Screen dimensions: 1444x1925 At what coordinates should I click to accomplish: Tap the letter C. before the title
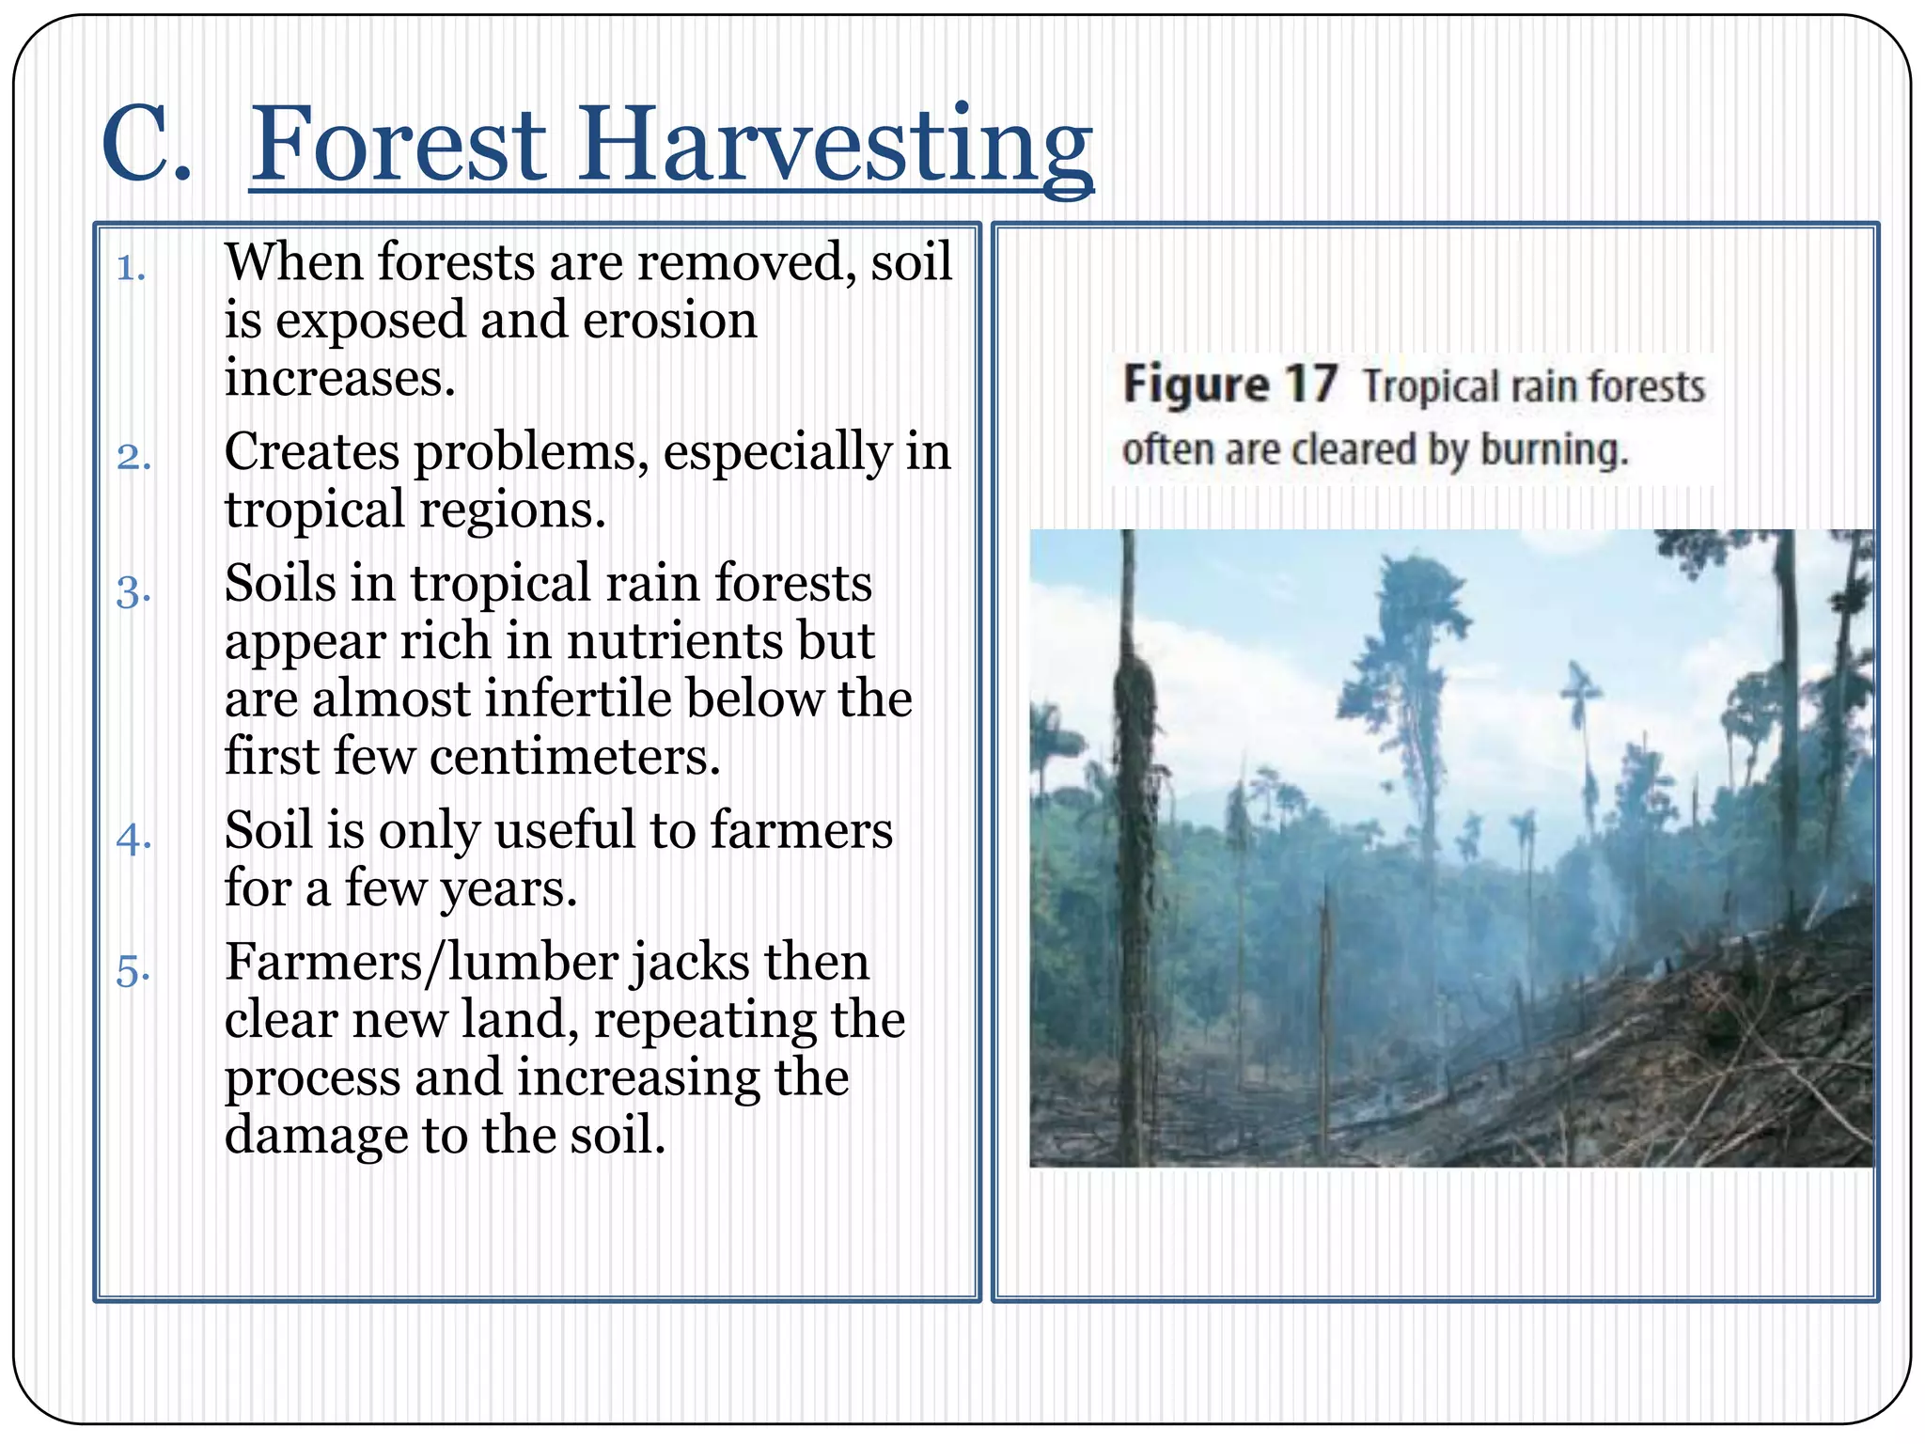coord(146,146)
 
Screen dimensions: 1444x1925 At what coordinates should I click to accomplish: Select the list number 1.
coord(131,269)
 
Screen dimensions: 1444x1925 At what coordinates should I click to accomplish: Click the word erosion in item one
coord(669,321)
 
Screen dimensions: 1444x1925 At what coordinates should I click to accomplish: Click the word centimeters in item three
coord(574,758)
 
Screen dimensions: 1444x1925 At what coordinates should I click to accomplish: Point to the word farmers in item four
coord(801,831)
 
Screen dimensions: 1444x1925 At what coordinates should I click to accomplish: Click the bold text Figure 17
coord(1229,385)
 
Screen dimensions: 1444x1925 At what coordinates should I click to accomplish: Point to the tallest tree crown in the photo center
coord(1418,602)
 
